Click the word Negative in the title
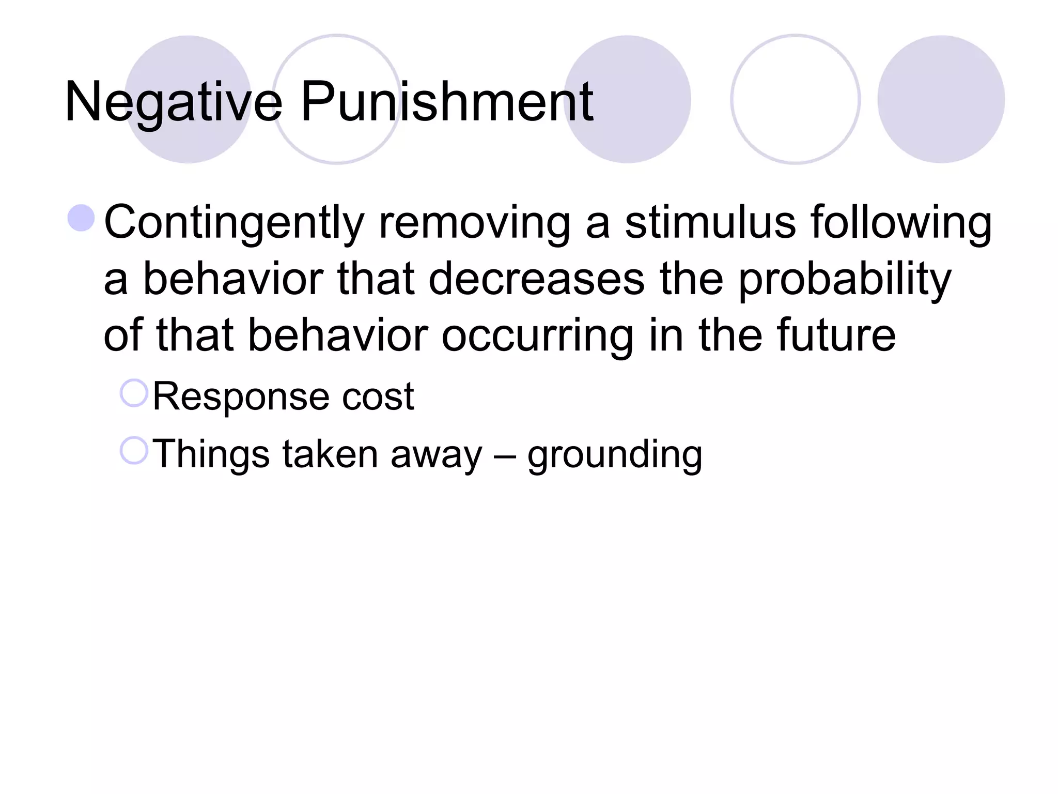pyautogui.click(x=173, y=102)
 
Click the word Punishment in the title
pyautogui.click(x=447, y=102)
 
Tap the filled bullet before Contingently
pyautogui.click(x=81, y=218)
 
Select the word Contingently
pyautogui.click(x=235, y=223)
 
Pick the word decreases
pyautogui.click(x=537, y=279)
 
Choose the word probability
pyautogui.click(x=845, y=280)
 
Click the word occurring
pyautogui.click(x=537, y=337)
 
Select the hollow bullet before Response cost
pyautogui.click(x=134, y=393)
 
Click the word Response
pyautogui.click(x=241, y=397)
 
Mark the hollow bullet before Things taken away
pyautogui.click(x=134, y=450)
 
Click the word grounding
pyautogui.click(x=614, y=455)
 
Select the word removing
pyautogui.click(x=475, y=223)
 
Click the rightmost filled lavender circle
pyautogui.click(x=941, y=99)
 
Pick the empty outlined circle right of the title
pyautogui.click(x=795, y=99)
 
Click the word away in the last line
pyautogui.click(x=436, y=454)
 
